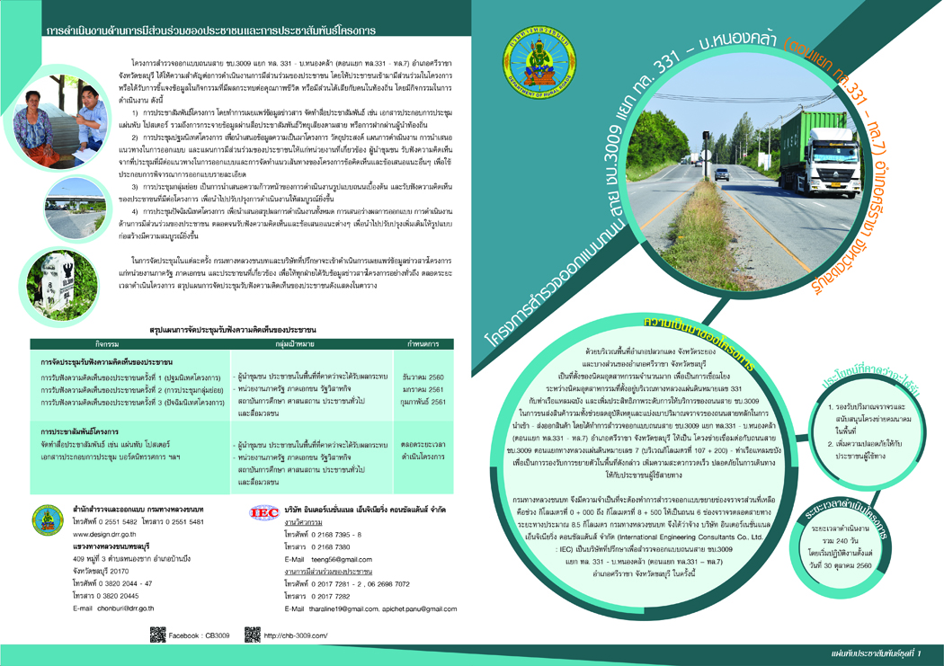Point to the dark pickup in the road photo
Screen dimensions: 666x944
point(723,173)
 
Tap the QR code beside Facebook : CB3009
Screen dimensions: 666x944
point(157,635)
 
